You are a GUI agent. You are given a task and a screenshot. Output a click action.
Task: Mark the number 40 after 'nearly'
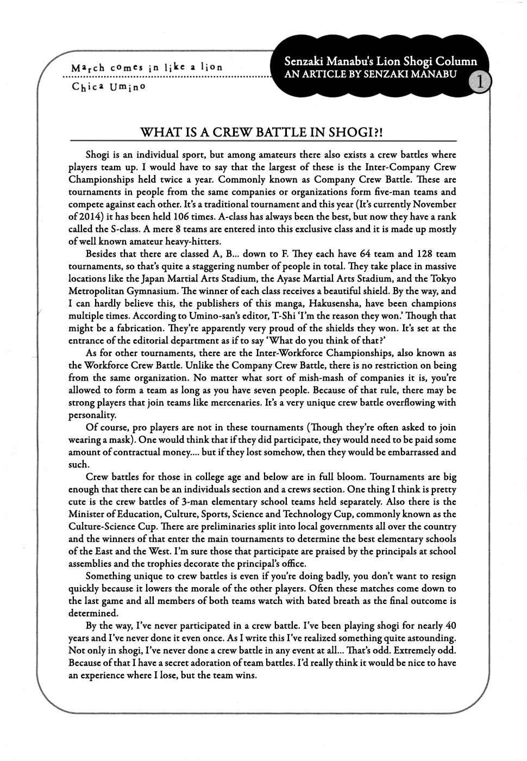pos(450,626)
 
